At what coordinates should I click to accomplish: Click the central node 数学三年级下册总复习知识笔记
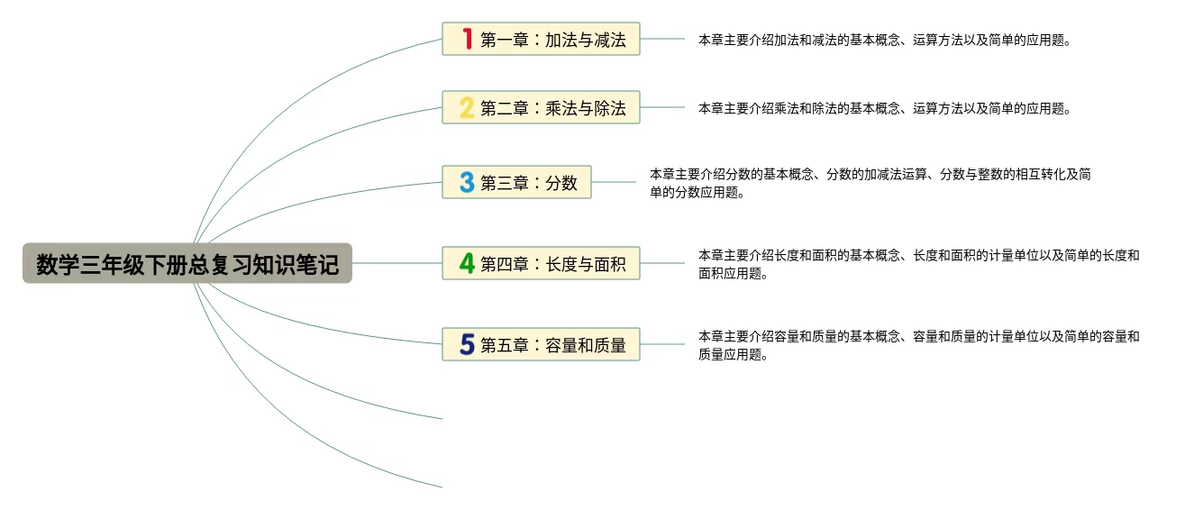(x=187, y=264)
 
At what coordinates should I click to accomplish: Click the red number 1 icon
(x=467, y=39)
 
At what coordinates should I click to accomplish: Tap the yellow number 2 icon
(x=467, y=108)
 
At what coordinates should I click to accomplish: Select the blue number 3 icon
(x=467, y=182)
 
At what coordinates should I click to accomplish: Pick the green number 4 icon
(x=467, y=263)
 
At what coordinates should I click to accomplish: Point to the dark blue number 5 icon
(x=467, y=344)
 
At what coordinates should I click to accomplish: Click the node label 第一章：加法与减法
(x=552, y=40)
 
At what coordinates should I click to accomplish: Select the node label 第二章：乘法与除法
(x=552, y=109)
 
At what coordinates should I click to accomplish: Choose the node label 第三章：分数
(x=528, y=183)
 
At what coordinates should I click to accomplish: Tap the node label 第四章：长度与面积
(x=552, y=264)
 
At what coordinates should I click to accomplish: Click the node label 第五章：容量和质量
(x=552, y=345)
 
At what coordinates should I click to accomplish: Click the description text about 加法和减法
(x=884, y=40)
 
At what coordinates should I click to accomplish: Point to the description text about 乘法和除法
(x=884, y=108)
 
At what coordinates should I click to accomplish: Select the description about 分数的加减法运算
(x=870, y=183)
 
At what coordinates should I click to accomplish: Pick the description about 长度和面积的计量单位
(x=918, y=264)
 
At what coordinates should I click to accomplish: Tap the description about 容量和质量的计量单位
(x=918, y=345)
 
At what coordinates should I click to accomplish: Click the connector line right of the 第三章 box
(x=614, y=182)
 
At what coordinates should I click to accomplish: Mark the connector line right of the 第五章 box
(x=662, y=344)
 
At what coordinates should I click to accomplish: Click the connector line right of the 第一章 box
(x=662, y=39)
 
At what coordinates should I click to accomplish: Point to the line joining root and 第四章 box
(x=396, y=263)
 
